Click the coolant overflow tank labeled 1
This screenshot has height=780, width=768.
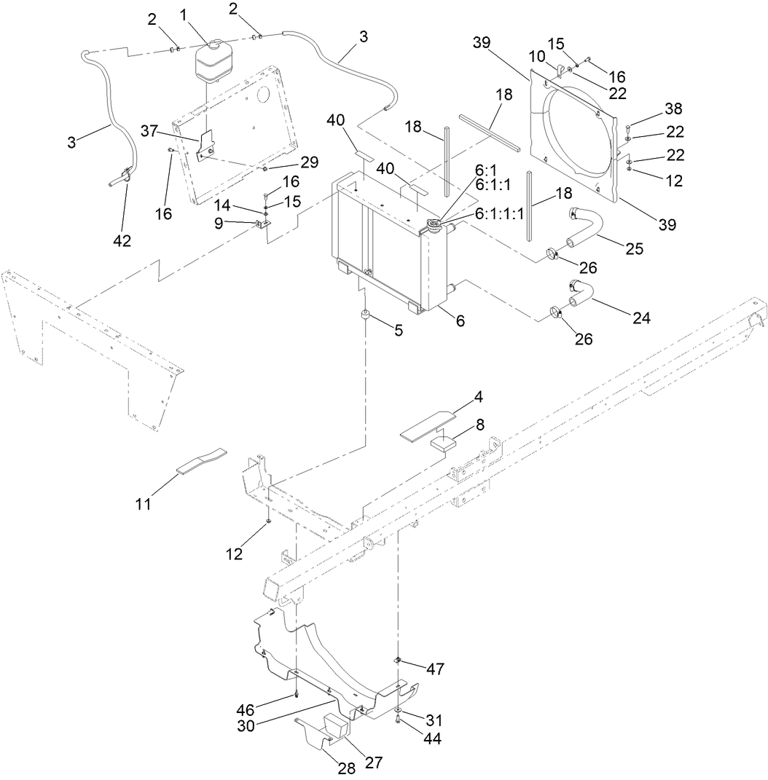pos(211,60)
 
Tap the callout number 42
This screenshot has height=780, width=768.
pos(122,240)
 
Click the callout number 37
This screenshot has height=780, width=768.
pos(149,130)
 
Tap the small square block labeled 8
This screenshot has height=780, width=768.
pos(443,441)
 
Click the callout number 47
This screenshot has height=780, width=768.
pos(436,669)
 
